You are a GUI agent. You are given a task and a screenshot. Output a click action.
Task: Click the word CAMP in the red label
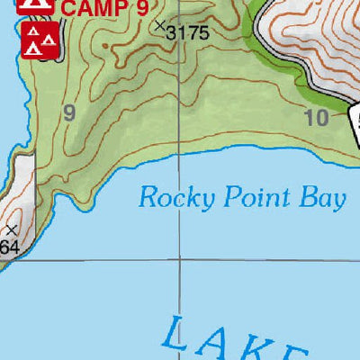[92, 10]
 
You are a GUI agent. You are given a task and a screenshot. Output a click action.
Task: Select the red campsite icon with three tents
[40, 40]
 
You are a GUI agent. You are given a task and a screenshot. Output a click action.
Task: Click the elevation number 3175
[188, 32]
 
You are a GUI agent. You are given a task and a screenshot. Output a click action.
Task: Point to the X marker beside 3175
[160, 26]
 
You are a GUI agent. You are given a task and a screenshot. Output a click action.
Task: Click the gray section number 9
[68, 112]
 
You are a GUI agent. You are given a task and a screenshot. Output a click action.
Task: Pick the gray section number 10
[317, 116]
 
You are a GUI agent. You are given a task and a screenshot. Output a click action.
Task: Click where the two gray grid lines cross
[179, 259]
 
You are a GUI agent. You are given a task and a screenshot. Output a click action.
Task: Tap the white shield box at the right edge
[355, 121]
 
